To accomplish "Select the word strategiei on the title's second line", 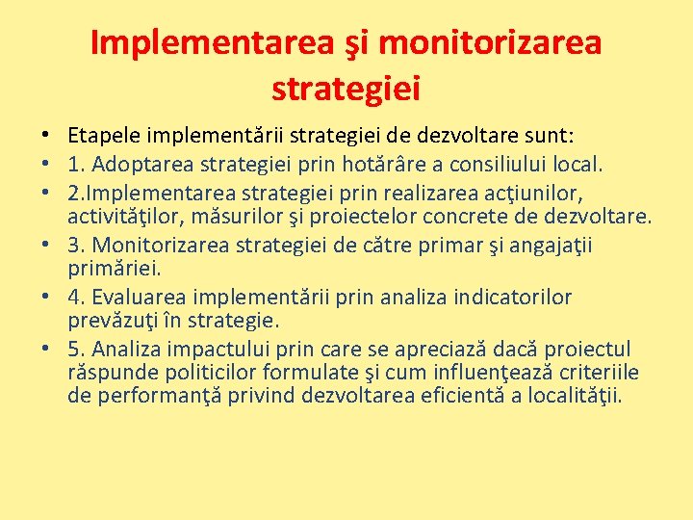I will [x=346, y=89].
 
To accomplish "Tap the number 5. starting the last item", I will [x=76, y=349].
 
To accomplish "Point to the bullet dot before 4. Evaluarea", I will [x=46, y=298].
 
